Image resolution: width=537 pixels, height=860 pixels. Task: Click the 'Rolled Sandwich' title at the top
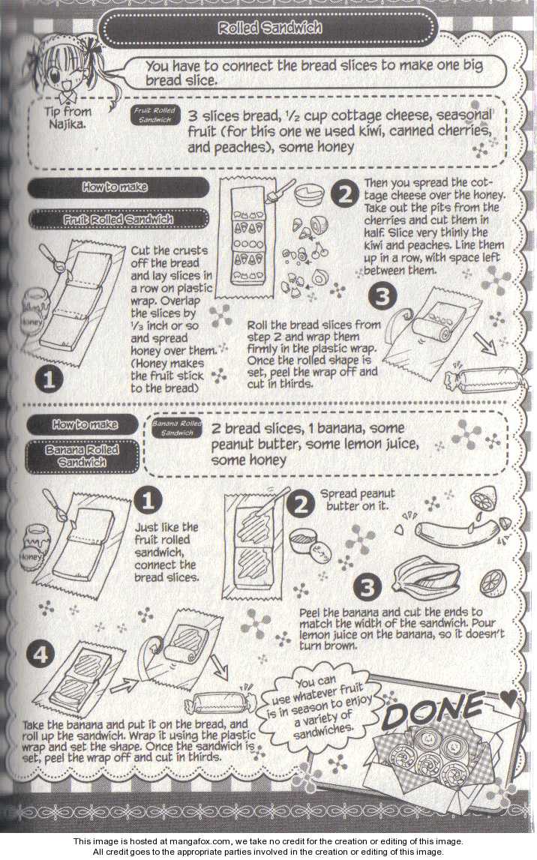(x=269, y=28)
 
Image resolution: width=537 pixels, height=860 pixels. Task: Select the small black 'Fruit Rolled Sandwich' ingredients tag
(x=155, y=115)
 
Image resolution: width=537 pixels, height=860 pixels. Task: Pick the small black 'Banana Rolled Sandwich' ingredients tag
(x=176, y=428)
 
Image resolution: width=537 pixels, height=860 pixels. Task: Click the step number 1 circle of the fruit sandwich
(x=49, y=379)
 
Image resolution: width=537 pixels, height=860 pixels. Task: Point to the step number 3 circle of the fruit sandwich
(x=382, y=296)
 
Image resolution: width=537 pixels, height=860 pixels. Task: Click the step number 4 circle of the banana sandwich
(x=40, y=655)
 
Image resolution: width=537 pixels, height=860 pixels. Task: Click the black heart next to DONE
(x=508, y=698)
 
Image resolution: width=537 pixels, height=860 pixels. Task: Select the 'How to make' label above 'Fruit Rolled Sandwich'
(x=115, y=187)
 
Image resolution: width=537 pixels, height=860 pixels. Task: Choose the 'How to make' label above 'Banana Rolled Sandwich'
(x=85, y=424)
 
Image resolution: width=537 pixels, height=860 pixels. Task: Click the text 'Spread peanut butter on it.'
(x=358, y=499)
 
